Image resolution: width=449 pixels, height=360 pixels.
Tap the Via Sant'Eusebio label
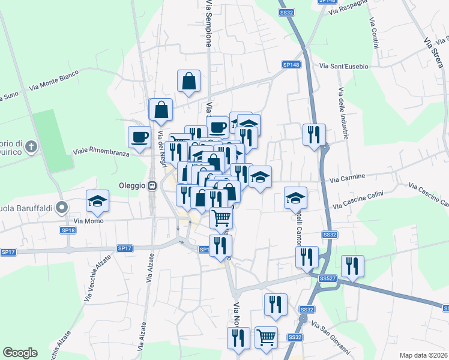[343, 66]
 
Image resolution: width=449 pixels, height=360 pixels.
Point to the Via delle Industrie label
[343, 114]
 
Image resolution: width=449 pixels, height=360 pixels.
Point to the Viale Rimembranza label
[101, 153]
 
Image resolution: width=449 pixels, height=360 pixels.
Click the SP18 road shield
[68, 230]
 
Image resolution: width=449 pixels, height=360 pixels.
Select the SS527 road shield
[327, 278]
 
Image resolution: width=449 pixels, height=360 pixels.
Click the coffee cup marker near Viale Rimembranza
[139, 137]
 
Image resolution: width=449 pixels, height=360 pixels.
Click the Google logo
[20, 353]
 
